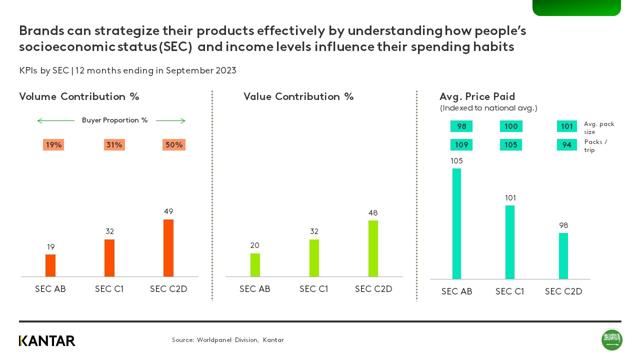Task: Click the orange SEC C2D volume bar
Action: pos(168,248)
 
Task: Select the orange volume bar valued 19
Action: pos(50,265)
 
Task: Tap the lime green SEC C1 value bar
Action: pos(314,258)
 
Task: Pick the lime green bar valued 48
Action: pos(373,248)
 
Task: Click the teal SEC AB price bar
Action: pos(456,223)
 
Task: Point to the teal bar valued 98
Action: pos(563,256)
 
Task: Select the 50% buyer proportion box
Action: pos(174,145)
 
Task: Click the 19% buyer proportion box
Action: pos(53,145)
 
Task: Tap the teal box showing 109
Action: pos(461,145)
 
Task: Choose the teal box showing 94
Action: pos(566,145)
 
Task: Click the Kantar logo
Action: pos(47,341)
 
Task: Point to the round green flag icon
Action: pos(611,340)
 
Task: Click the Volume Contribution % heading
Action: pos(79,96)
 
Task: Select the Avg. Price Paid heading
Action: pos(477,96)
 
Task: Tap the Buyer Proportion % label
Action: pos(114,120)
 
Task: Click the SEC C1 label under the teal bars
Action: pos(509,291)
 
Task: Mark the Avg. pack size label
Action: pos(598,128)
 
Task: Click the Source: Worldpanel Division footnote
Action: pos(227,340)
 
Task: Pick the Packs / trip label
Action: pos(595,146)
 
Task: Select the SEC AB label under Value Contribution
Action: pos(254,289)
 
